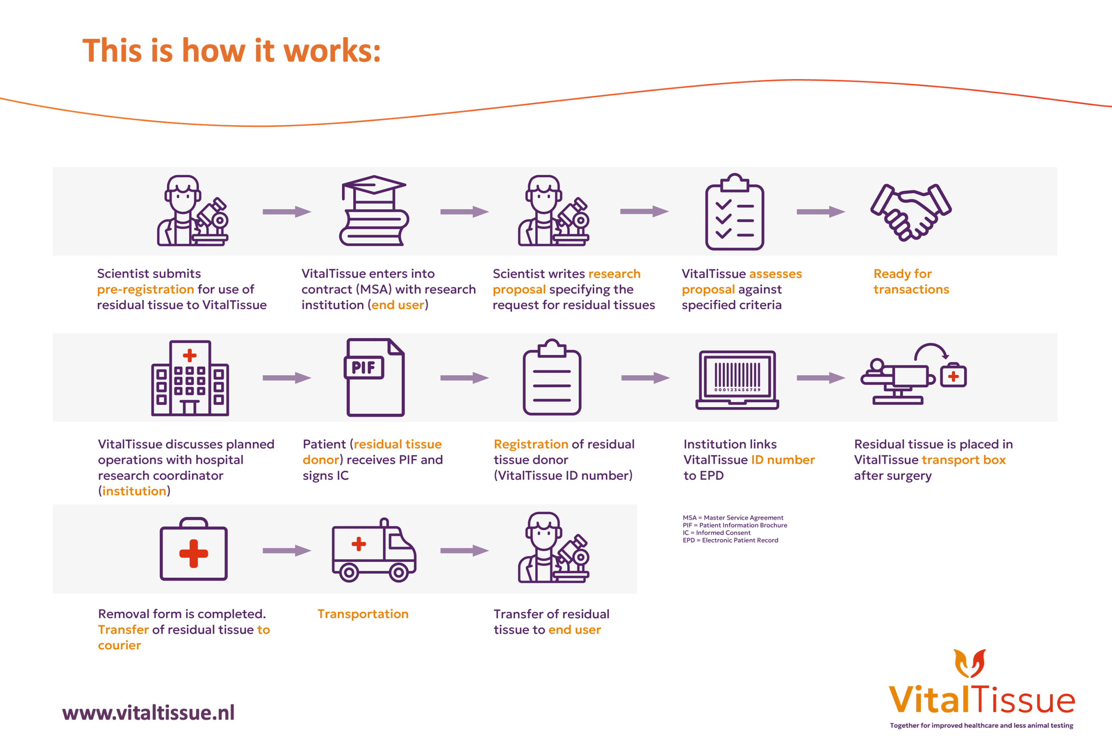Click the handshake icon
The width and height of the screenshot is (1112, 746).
(911, 212)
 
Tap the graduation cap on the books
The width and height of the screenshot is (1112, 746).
(374, 185)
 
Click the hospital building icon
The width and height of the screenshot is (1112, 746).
(190, 378)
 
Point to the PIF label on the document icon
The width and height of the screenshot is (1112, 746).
(364, 368)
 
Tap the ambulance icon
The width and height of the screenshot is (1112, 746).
(374, 551)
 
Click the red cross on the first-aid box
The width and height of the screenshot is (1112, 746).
(194, 553)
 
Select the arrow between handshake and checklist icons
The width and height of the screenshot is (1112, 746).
(821, 212)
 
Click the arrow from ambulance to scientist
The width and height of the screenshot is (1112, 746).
(464, 551)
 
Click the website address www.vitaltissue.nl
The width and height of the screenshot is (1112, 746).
(149, 712)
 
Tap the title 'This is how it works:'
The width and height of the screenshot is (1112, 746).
(232, 50)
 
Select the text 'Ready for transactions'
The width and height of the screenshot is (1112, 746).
(911, 281)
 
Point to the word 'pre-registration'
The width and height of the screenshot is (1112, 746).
(146, 289)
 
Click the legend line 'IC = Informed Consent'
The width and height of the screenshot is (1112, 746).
(716, 533)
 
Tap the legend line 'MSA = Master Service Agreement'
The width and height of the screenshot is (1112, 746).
(733, 518)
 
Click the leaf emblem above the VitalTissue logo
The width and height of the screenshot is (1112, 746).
(969, 663)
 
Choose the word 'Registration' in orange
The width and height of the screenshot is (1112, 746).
(530, 444)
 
